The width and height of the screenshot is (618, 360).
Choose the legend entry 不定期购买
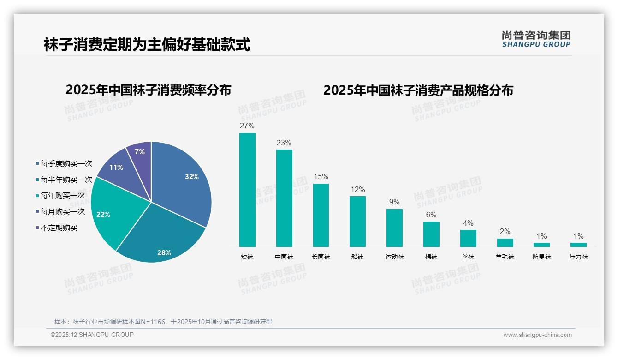point(59,228)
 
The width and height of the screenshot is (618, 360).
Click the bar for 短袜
point(247,190)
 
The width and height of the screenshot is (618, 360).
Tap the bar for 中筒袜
point(284,198)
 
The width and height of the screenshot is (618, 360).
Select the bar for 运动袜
point(394,228)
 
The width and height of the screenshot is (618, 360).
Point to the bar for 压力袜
point(578,245)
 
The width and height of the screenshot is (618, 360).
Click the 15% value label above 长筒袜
point(321,177)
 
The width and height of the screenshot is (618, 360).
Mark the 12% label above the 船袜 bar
point(357,190)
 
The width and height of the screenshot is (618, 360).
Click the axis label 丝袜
point(468,257)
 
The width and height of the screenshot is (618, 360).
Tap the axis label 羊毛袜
point(505,257)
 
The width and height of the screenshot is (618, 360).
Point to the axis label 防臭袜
point(541,257)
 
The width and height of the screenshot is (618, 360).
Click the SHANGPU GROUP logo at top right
point(536,39)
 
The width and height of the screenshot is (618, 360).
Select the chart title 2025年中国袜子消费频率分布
point(148,90)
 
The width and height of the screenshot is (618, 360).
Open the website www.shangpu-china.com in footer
point(537,335)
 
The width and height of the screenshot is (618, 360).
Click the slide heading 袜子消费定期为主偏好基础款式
point(147,45)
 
